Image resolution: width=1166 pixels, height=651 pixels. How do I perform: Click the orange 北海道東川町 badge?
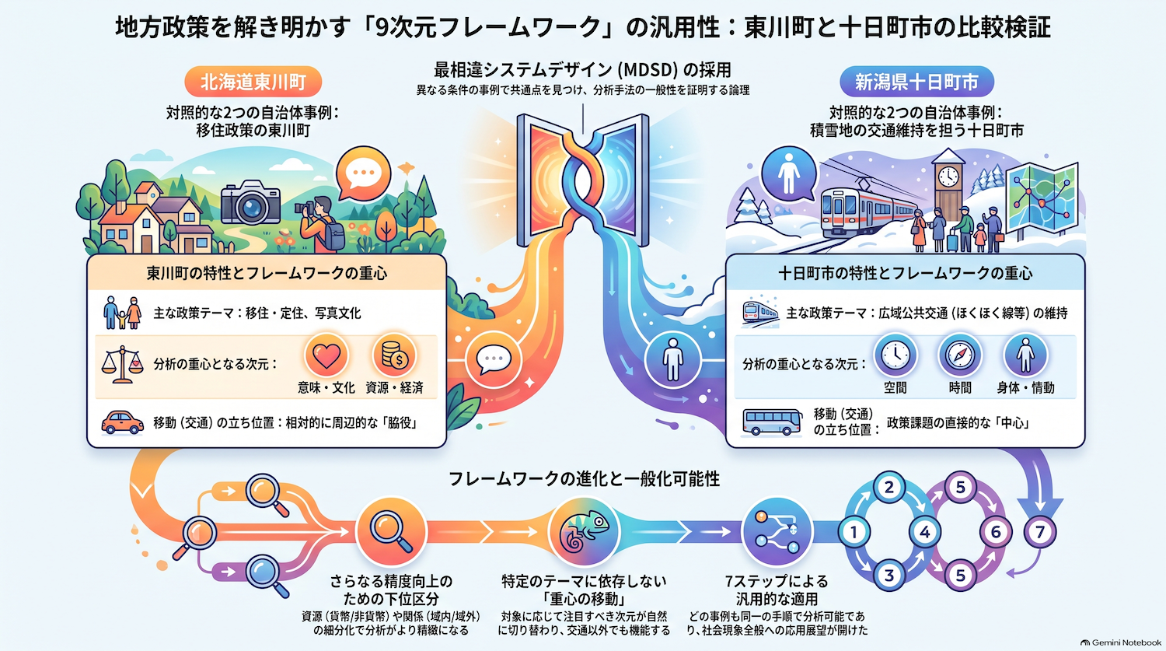[253, 82]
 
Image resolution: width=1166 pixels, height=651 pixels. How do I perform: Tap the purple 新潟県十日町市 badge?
[916, 82]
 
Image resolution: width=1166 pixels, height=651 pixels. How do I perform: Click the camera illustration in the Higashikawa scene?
[251, 202]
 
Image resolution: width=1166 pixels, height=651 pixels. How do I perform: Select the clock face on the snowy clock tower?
[948, 176]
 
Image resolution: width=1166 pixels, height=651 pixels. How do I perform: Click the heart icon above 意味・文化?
[326, 355]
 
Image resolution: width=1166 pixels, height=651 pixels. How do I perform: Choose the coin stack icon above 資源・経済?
[394, 355]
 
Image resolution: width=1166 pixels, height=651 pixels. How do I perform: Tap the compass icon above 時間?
[960, 355]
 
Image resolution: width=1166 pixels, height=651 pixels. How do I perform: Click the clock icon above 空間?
[895, 355]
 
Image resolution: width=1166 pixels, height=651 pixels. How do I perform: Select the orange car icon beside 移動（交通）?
[122, 422]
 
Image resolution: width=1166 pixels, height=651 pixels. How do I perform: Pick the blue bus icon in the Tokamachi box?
[772, 422]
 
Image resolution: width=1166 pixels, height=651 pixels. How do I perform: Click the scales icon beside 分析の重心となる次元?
[122, 364]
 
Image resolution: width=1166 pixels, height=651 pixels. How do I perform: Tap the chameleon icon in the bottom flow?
[584, 532]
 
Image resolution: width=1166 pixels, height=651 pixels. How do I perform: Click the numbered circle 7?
[1040, 532]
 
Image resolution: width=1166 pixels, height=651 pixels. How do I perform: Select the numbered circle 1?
[854, 532]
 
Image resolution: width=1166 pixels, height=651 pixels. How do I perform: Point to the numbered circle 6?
[995, 532]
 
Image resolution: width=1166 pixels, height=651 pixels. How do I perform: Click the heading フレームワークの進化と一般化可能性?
[584, 478]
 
